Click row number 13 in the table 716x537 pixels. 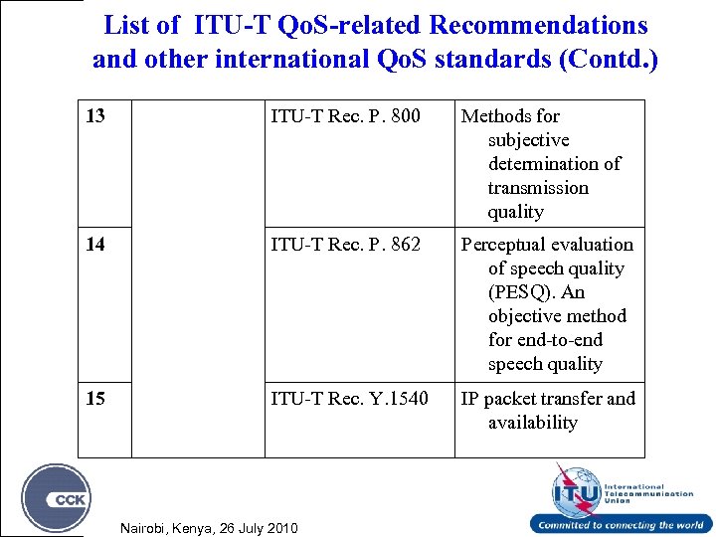[95, 116]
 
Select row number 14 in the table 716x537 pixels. [95, 244]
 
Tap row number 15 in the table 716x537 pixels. [95, 399]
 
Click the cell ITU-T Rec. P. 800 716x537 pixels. [345, 116]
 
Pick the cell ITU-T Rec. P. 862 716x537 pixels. [345, 244]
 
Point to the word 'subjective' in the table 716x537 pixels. [528, 140]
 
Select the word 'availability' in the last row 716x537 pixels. [532, 423]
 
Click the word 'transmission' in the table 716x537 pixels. [538, 188]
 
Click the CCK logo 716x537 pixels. [57, 498]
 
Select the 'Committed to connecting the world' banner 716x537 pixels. [621, 525]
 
